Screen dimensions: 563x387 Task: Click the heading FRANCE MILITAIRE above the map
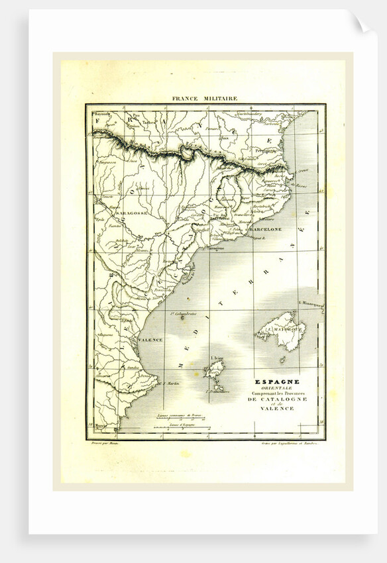(x=204, y=98)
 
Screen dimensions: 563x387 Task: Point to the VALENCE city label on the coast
(x=150, y=340)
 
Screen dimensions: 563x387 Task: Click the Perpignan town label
(x=266, y=150)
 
